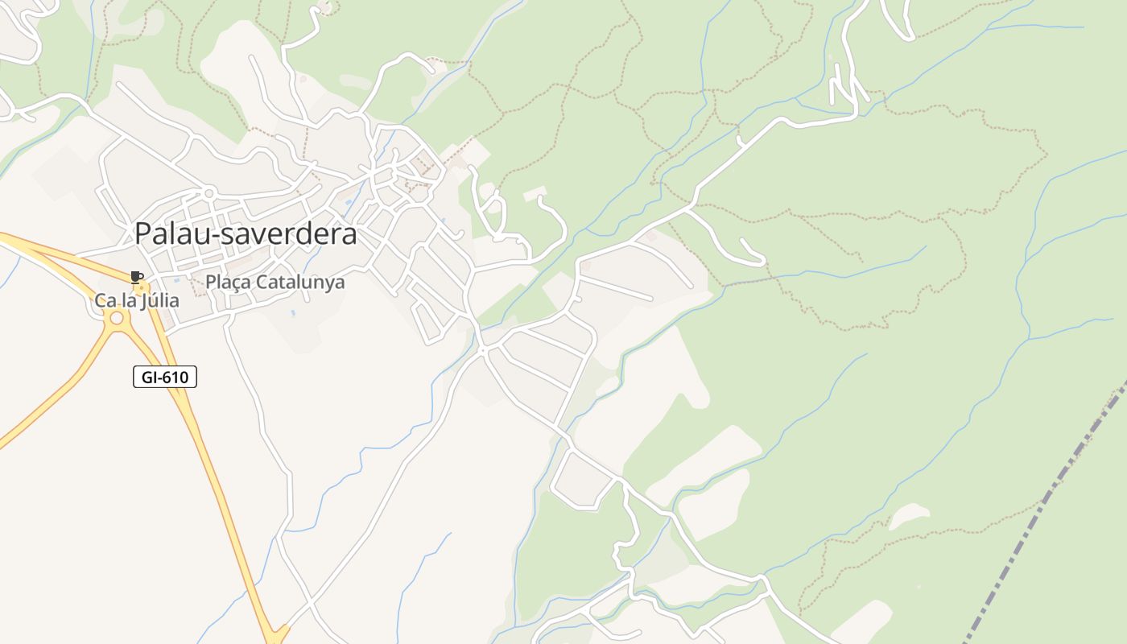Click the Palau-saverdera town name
(x=246, y=233)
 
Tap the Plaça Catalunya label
(x=275, y=283)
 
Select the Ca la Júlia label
(x=137, y=301)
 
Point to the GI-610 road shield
(x=165, y=376)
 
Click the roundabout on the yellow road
(x=117, y=318)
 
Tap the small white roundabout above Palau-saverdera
(x=209, y=192)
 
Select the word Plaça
(x=225, y=283)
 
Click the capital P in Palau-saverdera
(x=143, y=233)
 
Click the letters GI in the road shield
(x=149, y=376)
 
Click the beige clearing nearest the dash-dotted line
(x=908, y=515)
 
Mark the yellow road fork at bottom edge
(x=277, y=636)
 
